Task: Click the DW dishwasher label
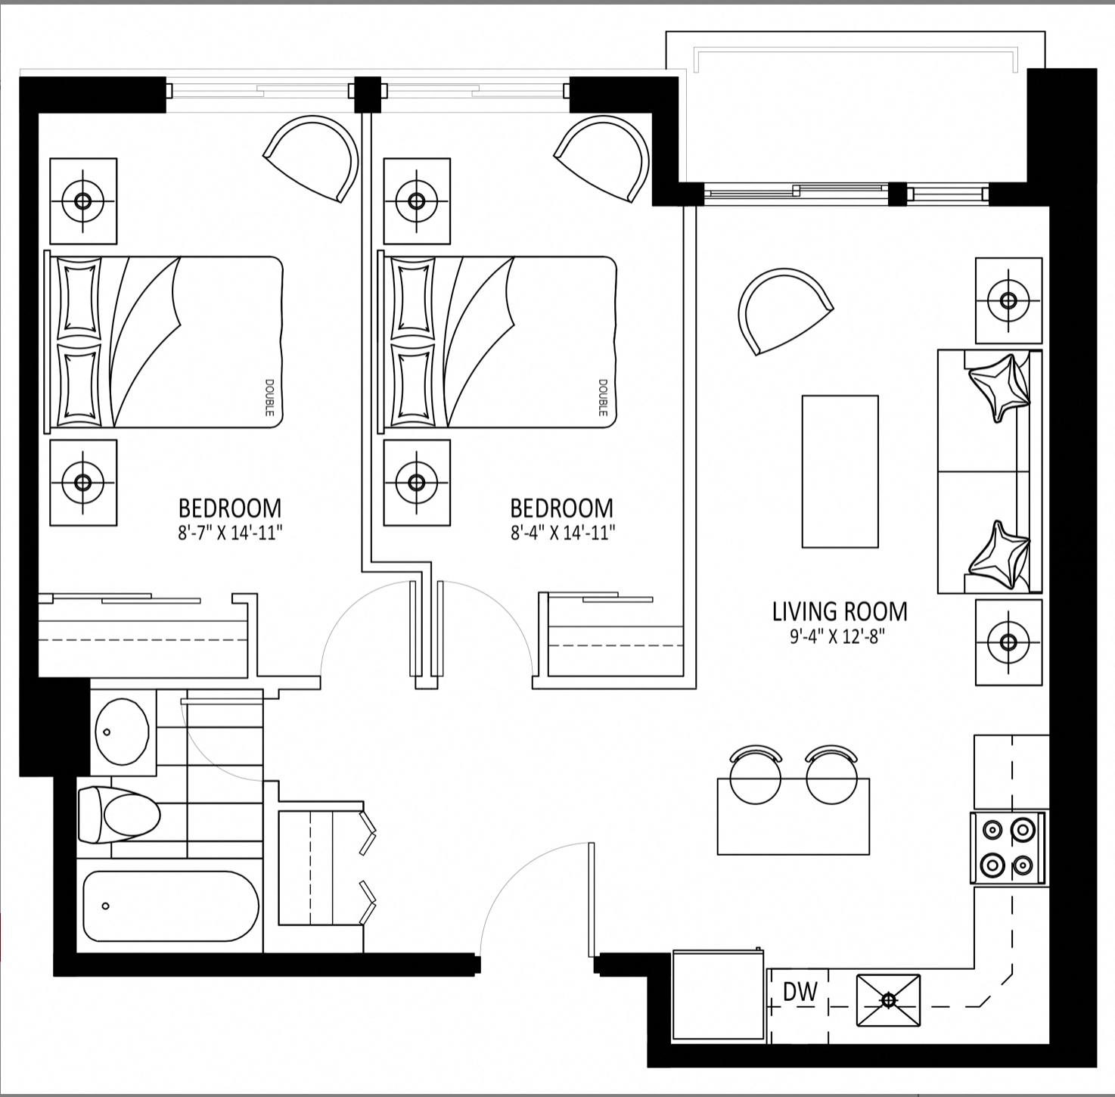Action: tap(800, 993)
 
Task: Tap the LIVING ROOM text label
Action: tap(840, 612)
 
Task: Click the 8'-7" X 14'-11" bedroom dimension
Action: tap(230, 533)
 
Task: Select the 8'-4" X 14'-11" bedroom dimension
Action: tap(562, 533)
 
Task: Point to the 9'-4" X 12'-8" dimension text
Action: tap(838, 637)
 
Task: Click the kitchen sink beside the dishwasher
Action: tap(888, 1000)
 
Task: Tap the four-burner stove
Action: tap(1008, 848)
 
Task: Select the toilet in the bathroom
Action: tap(120, 816)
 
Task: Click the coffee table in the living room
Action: tap(840, 471)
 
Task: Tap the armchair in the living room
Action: tap(784, 310)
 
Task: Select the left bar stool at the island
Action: tap(755, 775)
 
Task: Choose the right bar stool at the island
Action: tap(831, 775)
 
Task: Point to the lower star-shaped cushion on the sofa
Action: tap(999, 556)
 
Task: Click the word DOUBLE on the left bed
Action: tap(269, 398)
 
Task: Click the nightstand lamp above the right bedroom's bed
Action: tap(417, 201)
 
